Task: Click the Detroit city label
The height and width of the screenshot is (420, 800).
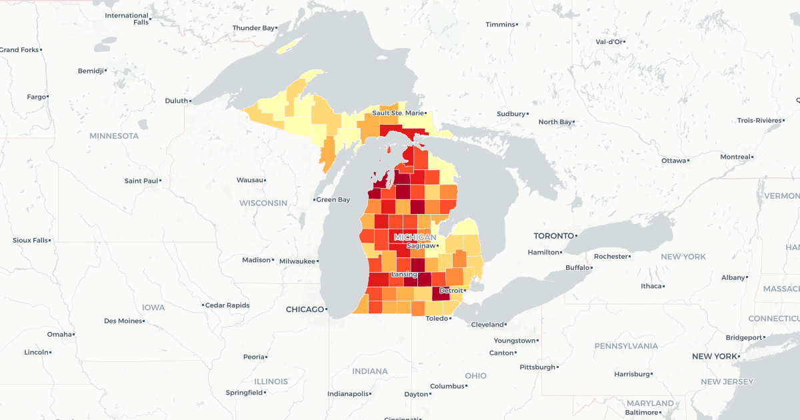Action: pos(451,291)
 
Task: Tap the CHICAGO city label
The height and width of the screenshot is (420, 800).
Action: pos(303,309)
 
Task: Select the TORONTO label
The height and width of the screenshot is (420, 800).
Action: pos(553,236)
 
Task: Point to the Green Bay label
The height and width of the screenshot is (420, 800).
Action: pos(333,199)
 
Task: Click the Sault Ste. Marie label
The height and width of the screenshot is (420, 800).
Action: pos(397,113)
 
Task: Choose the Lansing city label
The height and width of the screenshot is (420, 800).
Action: pos(404,275)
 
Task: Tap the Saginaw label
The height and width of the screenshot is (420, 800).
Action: pos(420,245)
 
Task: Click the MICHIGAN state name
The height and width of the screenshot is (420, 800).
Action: pos(415,237)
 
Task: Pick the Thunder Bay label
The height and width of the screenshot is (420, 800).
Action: pos(253,28)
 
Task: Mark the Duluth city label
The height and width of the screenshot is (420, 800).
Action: pos(177,101)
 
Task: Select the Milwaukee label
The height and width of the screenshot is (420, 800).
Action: pos(297,261)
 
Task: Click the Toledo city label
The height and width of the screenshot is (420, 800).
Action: pos(437,319)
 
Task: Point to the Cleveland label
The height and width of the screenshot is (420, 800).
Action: pos(488,325)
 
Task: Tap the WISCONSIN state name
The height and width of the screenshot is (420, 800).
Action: pos(263,203)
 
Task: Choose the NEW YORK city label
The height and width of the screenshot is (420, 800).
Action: pos(715,357)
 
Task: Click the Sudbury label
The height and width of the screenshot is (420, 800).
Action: pos(511,114)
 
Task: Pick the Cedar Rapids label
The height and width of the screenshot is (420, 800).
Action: pos(227,305)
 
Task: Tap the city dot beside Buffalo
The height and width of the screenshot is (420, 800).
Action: pos(591,268)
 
